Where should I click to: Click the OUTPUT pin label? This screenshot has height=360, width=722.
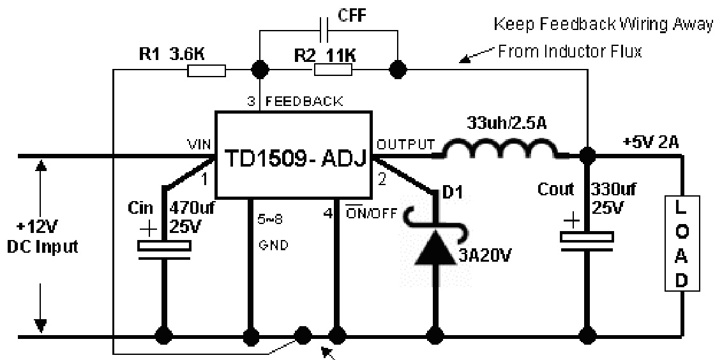(x=406, y=144)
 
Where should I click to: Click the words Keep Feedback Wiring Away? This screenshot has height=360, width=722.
(x=604, y=25)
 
